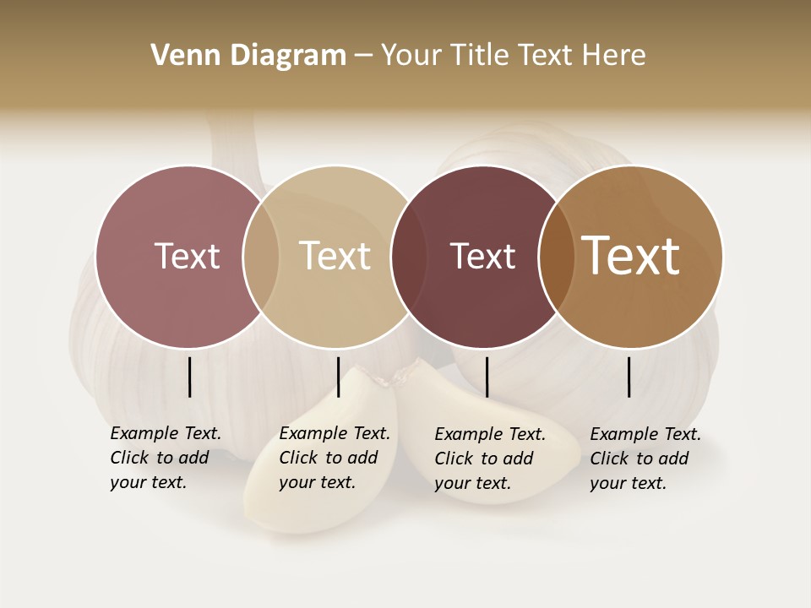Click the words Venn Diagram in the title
tap(248, 56)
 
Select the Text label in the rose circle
tap(187, 256)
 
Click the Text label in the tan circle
tap(335, 256)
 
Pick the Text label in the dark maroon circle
tap(482, 256)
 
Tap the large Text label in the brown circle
tap(631, 256)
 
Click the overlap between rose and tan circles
tap(261, 256)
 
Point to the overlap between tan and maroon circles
tap(408, 256)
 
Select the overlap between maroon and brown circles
tap(556, 256)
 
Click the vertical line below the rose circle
tap(190, 377)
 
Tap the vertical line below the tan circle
tap(338, 377)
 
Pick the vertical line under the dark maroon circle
tap(487, 377)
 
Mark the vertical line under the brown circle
tap(629, 377)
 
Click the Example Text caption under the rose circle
tap(166, 458)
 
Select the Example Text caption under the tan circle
tap(335, 458)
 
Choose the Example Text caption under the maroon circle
tap(490, 459)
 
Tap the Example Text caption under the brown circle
tap(645, 459)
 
